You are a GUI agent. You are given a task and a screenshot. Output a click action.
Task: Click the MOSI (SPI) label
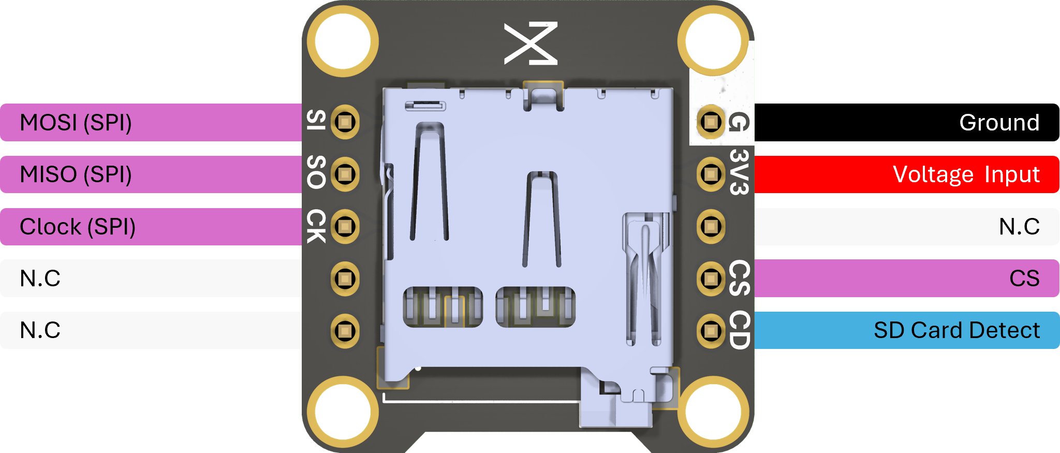(x=76, y=123)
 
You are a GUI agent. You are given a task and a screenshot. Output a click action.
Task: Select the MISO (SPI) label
(x=76, y=174)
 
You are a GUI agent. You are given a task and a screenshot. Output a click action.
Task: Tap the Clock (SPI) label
(x=78, y=227)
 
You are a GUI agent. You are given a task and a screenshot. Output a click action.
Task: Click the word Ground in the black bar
(x=999, y=123)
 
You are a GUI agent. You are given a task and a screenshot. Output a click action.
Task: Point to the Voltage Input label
(x=966, y=174)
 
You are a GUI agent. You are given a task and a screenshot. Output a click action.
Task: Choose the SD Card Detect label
(x=957, y=330)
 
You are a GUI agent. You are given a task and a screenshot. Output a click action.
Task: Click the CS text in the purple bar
(x=1024, y=279)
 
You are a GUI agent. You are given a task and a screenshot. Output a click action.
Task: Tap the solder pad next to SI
(x=345, y=122)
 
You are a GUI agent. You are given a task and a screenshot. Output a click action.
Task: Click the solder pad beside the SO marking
(x=345, y=174)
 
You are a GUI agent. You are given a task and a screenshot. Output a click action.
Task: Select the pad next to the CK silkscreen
(x=345, y=226)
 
